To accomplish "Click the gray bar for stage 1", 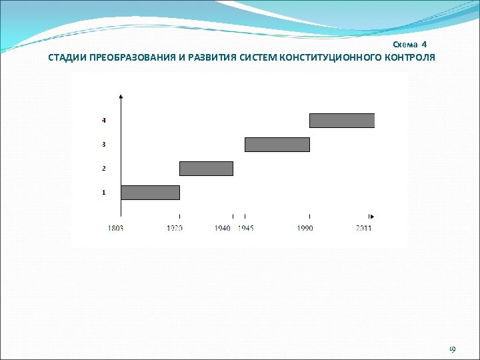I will pyautogui.click(x=150, y=192).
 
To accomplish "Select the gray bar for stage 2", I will pyautogui.click(x=206, y=168).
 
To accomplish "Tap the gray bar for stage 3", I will pyautogui.click(x=277, y=144).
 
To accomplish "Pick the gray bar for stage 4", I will pyautogui.click(x=342, y=120).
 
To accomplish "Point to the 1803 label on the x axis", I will pyautogui.click(x=115, y=228).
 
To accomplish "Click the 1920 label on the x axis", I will pyautogui.click(x=175, y=228).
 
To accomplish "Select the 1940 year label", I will pyautogui.click(x=223, y=228).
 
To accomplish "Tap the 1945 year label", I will pyautogui.click(x=247, y=228).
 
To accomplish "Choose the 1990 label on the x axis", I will pyautogui.click(x=305, y=228).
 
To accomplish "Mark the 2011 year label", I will pyautogui.click(x=363, y=228).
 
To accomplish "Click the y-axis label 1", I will pyautogui.click(x=103, y=192).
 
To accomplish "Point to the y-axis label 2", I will pyautogui.click(x=103, y=168).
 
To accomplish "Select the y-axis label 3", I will pyautogui.click(x=103, y=144).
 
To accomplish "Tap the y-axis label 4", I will pyautogui.click(x=103, y=120).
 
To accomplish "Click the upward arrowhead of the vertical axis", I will pyautogui.click(x=121, y=97).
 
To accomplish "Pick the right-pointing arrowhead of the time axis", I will pyautogui.click(x=372, y=216).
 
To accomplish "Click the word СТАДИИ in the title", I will pyautogui.click(x=66, y=57).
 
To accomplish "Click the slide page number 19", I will pyautogui.click(x=452, y=349).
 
